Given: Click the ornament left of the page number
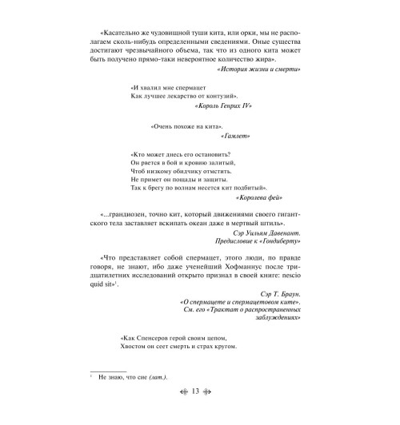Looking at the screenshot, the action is (x=182, y=392).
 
